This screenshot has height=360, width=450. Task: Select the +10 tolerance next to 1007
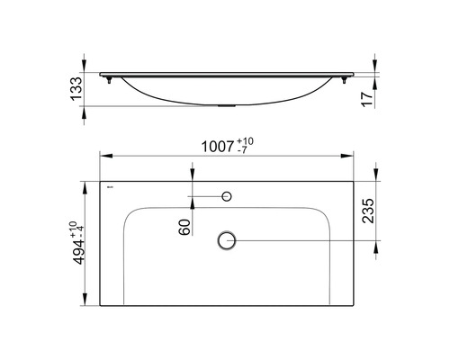[x=247, y=141]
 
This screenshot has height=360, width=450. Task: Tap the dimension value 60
[x=185, y=228]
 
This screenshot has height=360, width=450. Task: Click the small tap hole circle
[x=228, y=195]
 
